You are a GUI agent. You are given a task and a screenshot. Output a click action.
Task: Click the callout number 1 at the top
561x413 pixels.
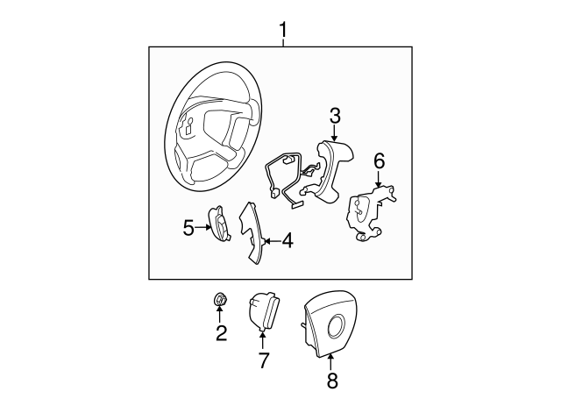(x=282, y=32)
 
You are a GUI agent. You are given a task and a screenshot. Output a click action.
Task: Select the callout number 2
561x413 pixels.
(x=221, y=332)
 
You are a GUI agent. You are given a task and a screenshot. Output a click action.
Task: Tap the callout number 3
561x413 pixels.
(x=335, y=116)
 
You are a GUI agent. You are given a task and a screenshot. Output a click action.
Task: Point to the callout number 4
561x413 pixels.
(x=287, y=239)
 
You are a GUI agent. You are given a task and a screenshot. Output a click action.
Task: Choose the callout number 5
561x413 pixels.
(x=188, y=228)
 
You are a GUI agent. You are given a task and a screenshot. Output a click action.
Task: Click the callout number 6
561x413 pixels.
(x=379, y=160)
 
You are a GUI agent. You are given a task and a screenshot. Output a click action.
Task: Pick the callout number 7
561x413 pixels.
(x=263, y=360)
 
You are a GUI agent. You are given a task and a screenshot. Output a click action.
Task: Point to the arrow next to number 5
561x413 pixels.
(x=202, y=228)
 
